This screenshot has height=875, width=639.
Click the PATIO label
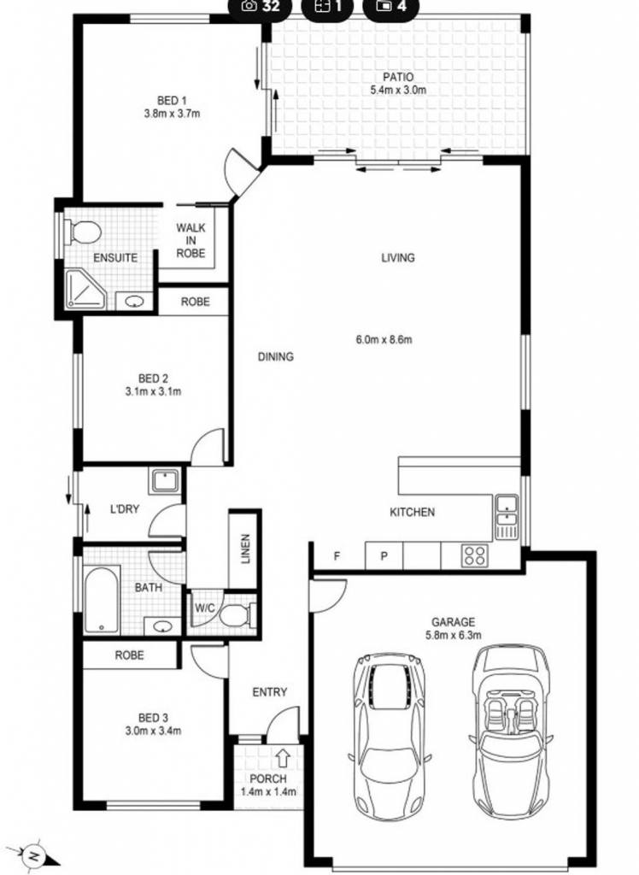point(398,77)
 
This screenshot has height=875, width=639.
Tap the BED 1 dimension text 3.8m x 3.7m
point(172,114)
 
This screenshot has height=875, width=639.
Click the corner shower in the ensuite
point(85,289)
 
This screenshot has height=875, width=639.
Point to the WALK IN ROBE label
point(191,240)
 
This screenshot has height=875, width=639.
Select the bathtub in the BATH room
point(102,599)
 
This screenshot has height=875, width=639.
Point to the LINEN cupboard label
point(245,549)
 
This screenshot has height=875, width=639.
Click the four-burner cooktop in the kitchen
point(475,555)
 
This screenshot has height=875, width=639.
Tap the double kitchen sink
point(507,517)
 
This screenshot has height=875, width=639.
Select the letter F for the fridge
point(337,556)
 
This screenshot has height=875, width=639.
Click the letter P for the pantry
point(384,556)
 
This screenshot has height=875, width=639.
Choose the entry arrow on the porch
point(283,757)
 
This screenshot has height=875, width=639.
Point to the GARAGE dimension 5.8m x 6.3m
point(453,635)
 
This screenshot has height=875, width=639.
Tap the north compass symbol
point(35,854)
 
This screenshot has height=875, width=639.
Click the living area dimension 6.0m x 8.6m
point(384,339)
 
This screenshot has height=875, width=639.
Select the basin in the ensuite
point(134,302)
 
